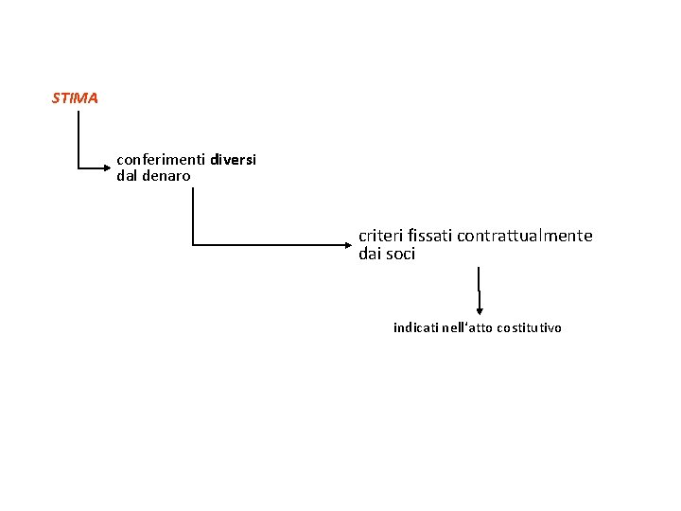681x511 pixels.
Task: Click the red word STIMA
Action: pos(75,98)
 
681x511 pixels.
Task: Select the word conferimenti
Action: pos(161,160)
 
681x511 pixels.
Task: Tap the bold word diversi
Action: pos(234,160)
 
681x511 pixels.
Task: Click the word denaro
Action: pos(166,176)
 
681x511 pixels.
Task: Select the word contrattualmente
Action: pos(525,236)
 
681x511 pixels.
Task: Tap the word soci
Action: pos(401,254)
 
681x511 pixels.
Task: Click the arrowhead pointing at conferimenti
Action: pos(107,167)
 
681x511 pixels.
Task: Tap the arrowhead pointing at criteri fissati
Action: pos(348,245)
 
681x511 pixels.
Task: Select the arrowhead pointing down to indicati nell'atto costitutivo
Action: pos(480,311)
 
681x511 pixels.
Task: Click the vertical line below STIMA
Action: pos(79,139)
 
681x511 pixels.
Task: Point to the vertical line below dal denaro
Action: pos(193,217)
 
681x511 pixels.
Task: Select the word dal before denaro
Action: pos(127,176)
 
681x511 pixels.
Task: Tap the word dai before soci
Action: pos(371,254)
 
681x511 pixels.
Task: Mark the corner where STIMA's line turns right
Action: pos(79,167)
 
